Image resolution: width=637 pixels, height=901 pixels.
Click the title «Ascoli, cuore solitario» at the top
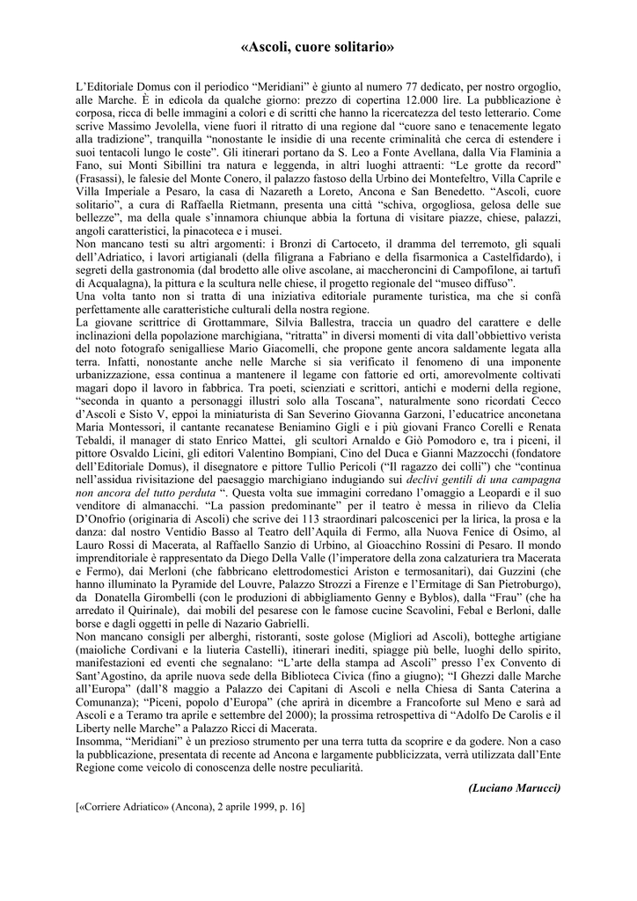coord(318,47)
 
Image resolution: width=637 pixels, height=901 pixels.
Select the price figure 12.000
coord(379,101)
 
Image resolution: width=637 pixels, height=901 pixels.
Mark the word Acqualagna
coord(113,284)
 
